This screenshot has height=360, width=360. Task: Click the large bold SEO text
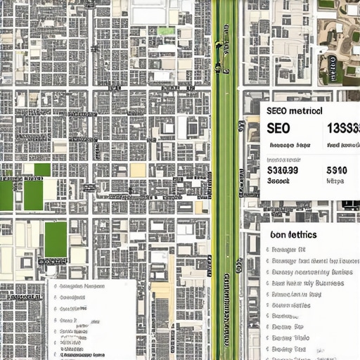click(278, 129)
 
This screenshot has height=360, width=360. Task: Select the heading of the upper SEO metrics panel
click(295, 111)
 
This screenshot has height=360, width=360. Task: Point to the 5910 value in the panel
click(337, 169)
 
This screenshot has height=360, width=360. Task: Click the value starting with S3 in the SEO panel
click(283, 169)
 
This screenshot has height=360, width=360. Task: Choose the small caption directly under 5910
click(335, 181)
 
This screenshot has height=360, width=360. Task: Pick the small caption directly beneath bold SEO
click(289, 145)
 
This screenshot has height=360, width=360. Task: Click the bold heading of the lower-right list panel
click(292, 234)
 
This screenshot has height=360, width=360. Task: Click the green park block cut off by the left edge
click(6, 195)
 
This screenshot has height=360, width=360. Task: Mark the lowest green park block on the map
click(56, 239)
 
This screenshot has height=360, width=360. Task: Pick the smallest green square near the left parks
click(42, 169)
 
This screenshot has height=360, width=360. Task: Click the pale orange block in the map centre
click(138, 170)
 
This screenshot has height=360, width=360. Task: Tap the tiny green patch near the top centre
click(166, 31)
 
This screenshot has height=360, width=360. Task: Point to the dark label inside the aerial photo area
click(328, 67)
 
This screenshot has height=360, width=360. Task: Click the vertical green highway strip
click(226, 180)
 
